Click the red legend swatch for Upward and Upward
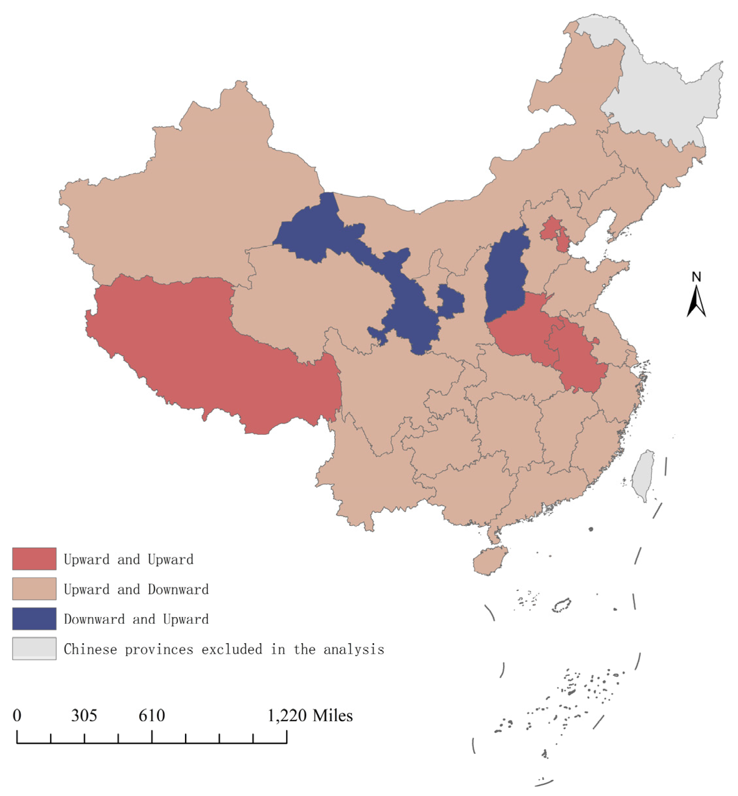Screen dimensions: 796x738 tap(34, 559)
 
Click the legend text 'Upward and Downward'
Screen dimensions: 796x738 tap(136, 589)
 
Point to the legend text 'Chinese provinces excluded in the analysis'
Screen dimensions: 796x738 tap(224, 649)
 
